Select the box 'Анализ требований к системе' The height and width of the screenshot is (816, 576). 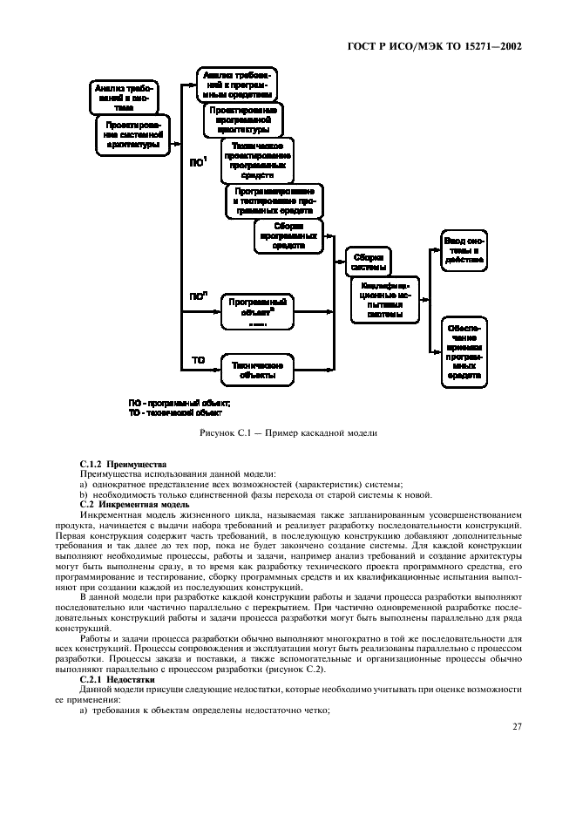pyautogui.click(x=123, y=98)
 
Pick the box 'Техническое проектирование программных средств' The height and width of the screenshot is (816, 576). pyautogui.click(x=257, y=159)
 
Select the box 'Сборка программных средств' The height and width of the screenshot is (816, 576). pyautogui.click(x=288, y=235)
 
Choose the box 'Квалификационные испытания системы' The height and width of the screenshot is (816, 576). pyautogui.click(x=385, y=299)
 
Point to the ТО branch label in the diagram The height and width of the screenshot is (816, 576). pyautogui.click(x=198, y=359)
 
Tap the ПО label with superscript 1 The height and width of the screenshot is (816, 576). pyautogui.click(x=199, y=161)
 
